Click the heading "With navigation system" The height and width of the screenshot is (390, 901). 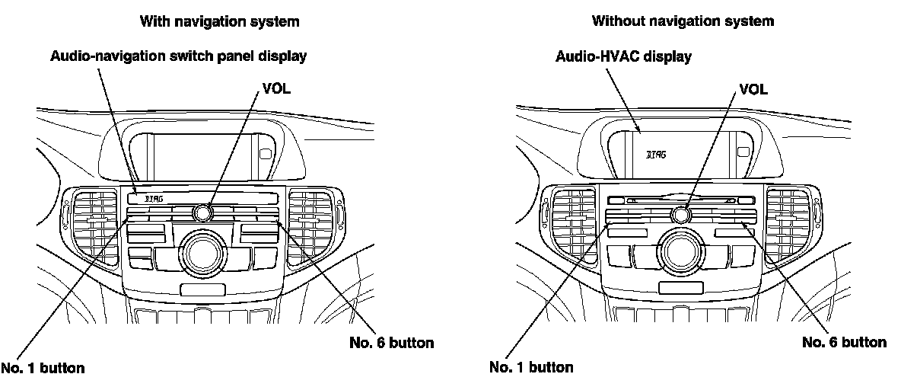219,22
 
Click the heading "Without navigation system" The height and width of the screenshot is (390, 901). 683,22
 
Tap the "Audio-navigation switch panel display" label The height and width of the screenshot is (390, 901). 179,56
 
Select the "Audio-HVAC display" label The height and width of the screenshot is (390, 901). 623,56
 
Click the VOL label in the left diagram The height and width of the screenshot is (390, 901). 276,88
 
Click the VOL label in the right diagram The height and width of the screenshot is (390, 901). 754,89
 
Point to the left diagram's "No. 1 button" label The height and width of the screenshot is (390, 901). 43,369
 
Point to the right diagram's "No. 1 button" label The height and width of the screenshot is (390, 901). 531,367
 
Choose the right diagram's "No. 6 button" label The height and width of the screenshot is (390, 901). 845,342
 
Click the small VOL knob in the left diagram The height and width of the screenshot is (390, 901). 202,213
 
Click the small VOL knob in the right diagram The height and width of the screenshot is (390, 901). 681,215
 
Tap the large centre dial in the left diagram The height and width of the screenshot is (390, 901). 202,252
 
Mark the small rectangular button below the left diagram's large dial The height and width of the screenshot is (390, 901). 202,289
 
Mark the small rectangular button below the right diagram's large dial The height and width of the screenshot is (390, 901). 681,287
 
